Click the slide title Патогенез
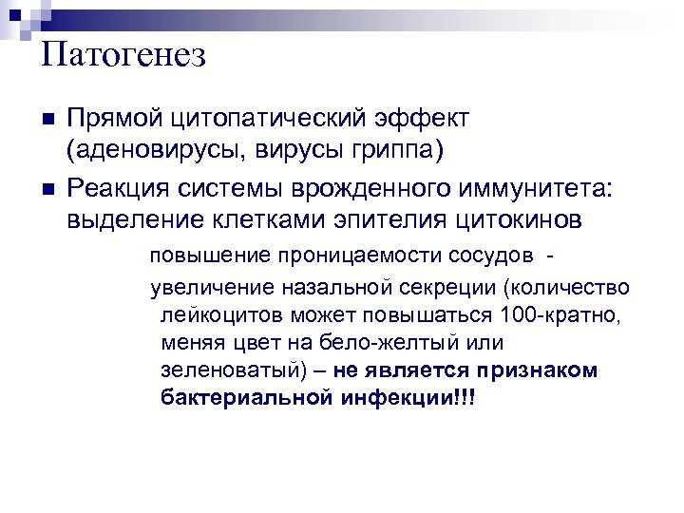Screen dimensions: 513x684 click(124, 54)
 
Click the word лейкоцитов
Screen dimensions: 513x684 click(213, 313)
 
